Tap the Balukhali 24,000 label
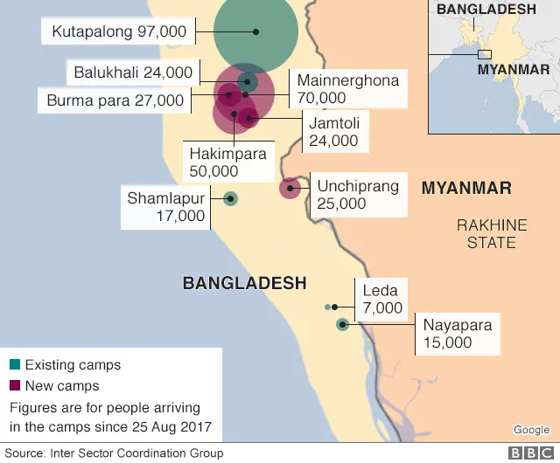click(x=133, y=73)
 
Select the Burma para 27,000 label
click(x=115, y=100)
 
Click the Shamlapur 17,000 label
click(x=165, y=207)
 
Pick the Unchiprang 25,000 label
click(x=358, y=195)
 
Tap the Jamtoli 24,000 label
click(x=333, y=132)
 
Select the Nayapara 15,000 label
click(x=457, y=334)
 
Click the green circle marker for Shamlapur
click(x=230, y=199)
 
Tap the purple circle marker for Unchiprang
click(x=290, y=187)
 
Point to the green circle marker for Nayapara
click(x=342, y=325)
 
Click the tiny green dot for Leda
click(x=328, y=308)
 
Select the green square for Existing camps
click(x=15, y=364)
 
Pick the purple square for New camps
click(x=15, y=385)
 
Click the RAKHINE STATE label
click(x=491, y=233)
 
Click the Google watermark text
click(x=530, y=429)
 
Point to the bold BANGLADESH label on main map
click(x=244, y=283)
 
